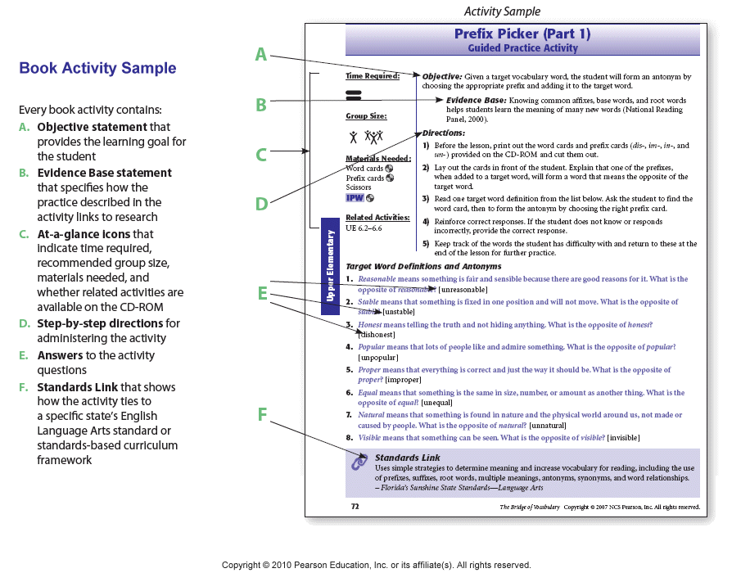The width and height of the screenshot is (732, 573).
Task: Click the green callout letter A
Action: click(x=261, y=55)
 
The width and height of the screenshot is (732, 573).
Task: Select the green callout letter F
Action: click(x=262, y=415)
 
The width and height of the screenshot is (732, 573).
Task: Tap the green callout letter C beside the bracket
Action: click(x=261, y=154)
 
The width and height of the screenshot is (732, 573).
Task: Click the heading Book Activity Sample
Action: click(x=97, y=68)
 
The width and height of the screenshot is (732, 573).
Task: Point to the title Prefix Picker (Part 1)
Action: click(x=522, y=34)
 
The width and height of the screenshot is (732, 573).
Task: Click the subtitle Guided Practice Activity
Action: click(x=522, y=48)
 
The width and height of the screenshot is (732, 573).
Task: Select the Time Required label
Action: click(x=372, y=76)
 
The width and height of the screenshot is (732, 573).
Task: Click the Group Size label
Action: click(x=366, y=116)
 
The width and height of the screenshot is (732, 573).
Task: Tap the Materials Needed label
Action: click(x=377, y=158)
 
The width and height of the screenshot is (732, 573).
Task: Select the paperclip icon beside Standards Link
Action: click(x=359, y=462)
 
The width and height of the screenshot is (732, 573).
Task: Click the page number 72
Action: click(x=355, y=507)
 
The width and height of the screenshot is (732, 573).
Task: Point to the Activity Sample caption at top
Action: click(x=502, y=11)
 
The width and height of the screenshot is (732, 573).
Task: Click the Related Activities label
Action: click(x=377, y=218)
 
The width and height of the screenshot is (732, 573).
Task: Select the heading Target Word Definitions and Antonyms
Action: click(x=423, y=266)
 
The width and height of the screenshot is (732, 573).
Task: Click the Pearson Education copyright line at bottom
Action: click(x=376, y=565)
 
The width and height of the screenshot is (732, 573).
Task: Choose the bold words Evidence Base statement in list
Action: click(x=104, y=173)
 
